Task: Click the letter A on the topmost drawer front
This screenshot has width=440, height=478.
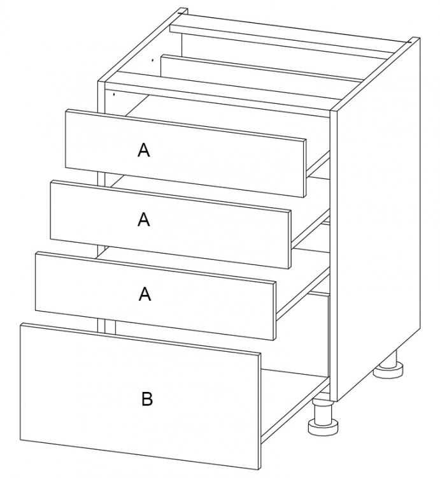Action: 144,150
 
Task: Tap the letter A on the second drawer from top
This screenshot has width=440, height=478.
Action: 144,219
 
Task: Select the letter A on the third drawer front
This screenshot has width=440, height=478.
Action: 145,294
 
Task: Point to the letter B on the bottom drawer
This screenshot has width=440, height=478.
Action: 146,399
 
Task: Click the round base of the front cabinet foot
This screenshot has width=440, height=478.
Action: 323,426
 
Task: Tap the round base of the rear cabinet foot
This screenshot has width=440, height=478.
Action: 388,370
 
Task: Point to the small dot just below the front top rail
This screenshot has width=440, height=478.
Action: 114,94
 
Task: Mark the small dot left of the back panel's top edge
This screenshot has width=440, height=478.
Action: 153,60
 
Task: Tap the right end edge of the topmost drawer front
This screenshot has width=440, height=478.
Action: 304,168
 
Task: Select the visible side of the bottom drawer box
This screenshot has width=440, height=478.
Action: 295,405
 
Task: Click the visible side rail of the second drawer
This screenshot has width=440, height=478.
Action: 311,228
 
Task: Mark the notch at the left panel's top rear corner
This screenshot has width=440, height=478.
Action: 182,11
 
